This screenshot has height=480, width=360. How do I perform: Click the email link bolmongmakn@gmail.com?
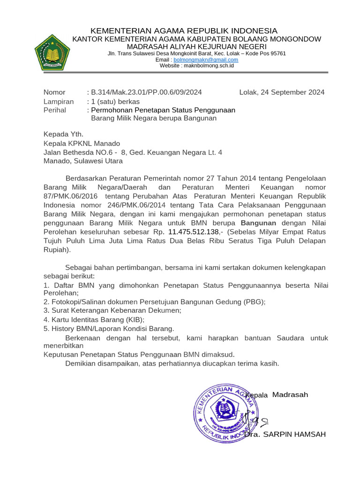click(206, 60)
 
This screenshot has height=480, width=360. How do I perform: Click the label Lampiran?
click(59, 101)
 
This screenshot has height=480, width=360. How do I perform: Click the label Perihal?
click(55, 110)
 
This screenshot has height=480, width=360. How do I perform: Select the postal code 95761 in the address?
click(277, 53)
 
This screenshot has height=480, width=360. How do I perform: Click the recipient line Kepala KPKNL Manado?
click(82, 143)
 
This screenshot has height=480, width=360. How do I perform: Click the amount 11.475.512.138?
click(193, 232)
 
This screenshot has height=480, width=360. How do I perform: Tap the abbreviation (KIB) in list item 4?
click(132, 320)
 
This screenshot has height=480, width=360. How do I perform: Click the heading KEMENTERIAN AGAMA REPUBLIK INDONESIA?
click(184, 30)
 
